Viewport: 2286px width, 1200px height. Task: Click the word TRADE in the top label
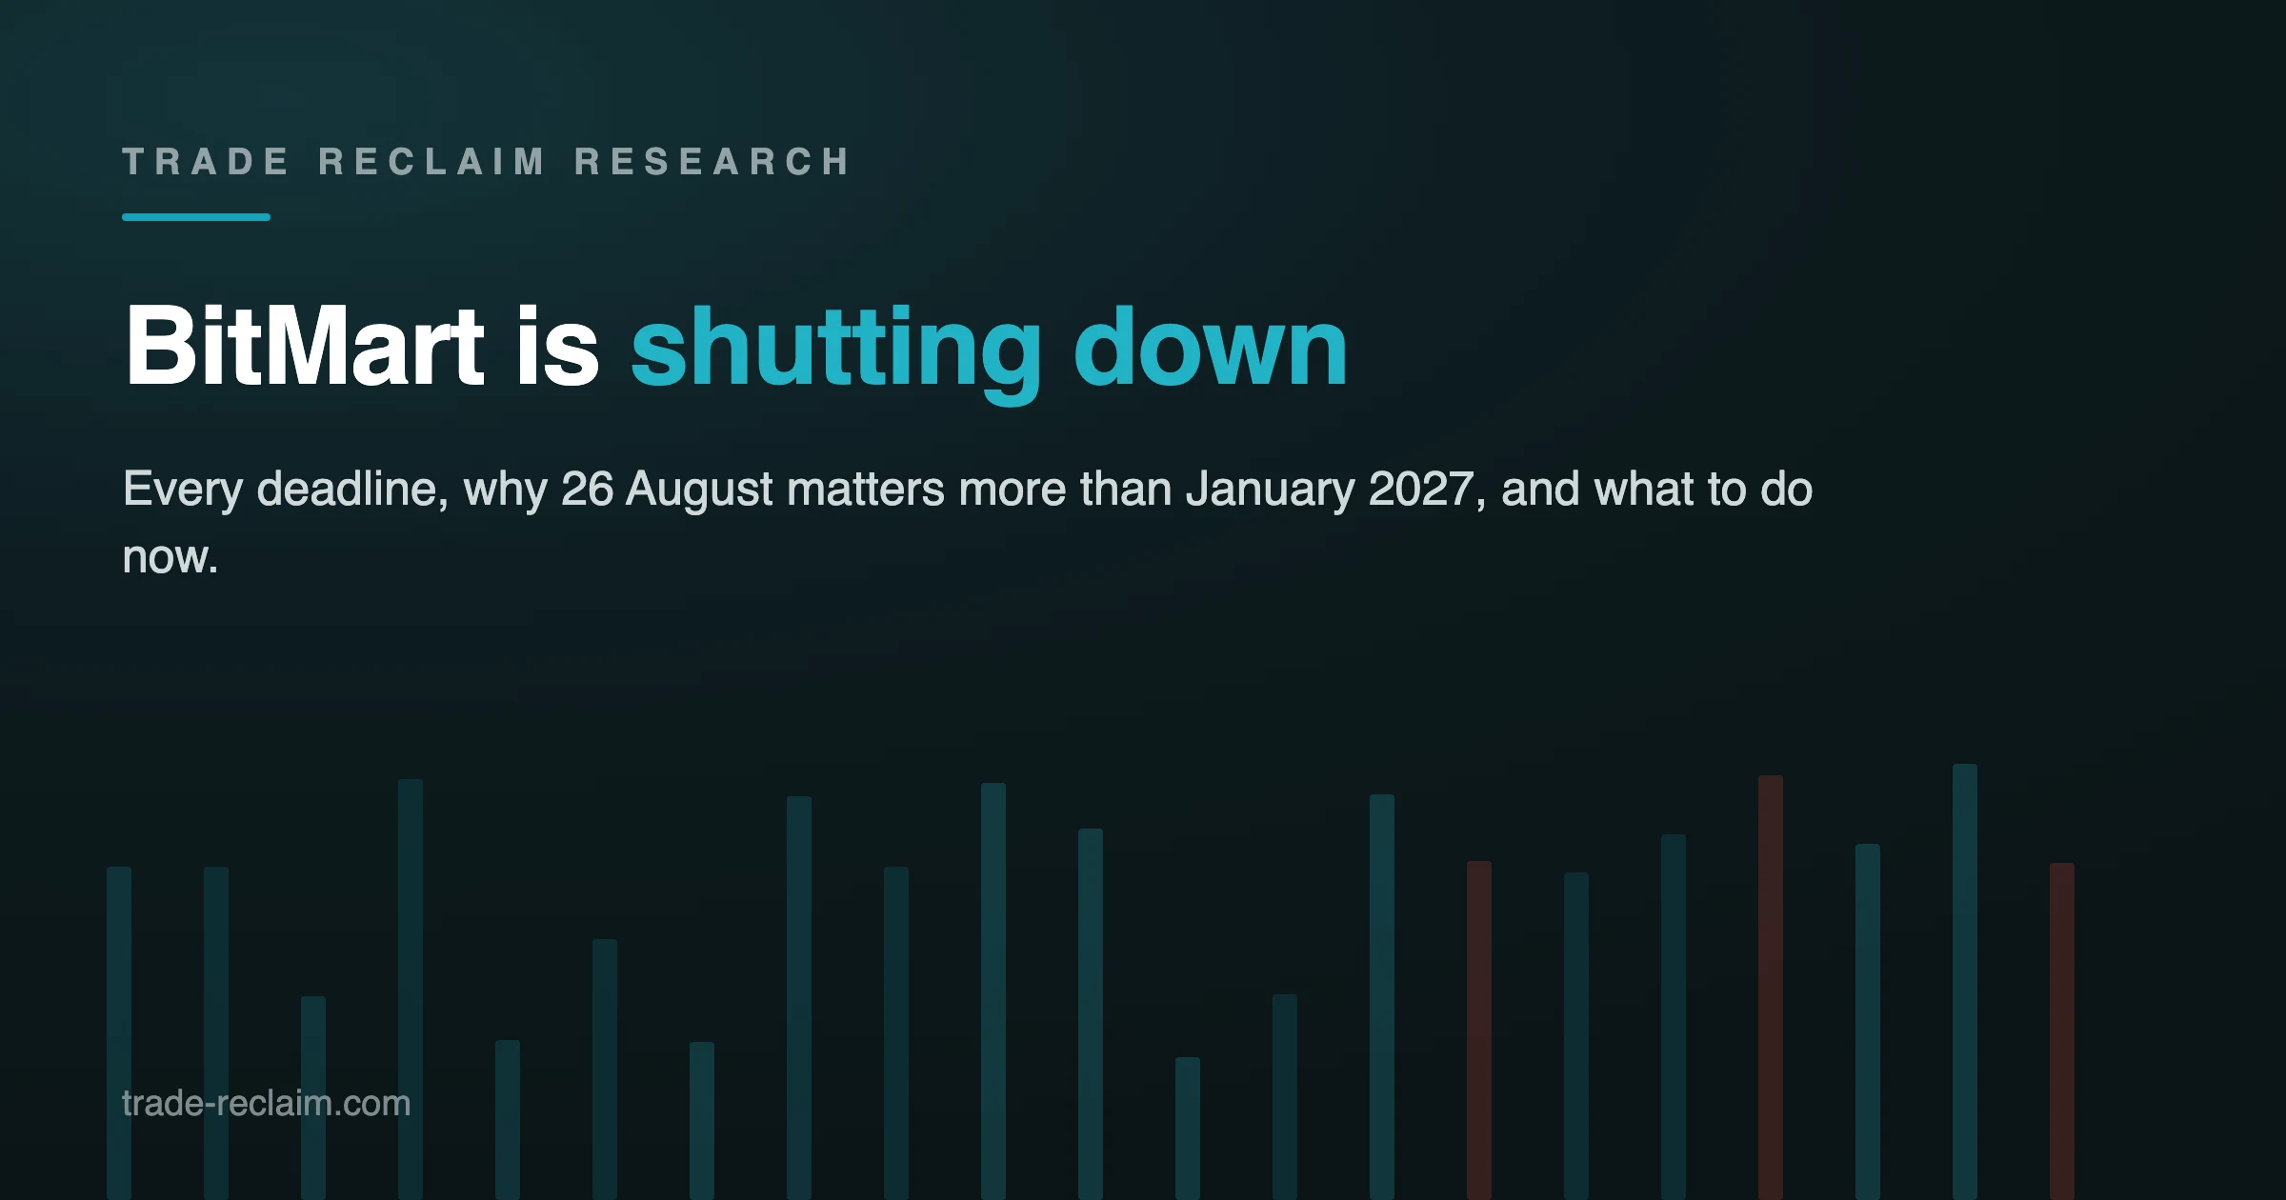[x=205, y=162]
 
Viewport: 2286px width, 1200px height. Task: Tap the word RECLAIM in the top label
[x=431, y=162]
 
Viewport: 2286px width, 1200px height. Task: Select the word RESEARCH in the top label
[x=712, y=162]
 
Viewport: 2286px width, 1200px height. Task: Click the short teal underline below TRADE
[x=196, y=217]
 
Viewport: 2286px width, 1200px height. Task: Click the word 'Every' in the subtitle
[x=183, y=490]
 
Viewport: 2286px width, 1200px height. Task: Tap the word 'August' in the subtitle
[x=699, y=490]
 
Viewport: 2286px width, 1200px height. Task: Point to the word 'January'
[x=1271, y=490]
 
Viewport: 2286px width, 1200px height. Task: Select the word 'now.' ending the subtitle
[x=170, y=558]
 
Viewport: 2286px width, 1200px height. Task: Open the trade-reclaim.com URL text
[x=267, y=1103]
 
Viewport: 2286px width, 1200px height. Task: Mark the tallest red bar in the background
[x=1771, y=987]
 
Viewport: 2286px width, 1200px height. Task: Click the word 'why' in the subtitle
[x=505, y=490]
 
